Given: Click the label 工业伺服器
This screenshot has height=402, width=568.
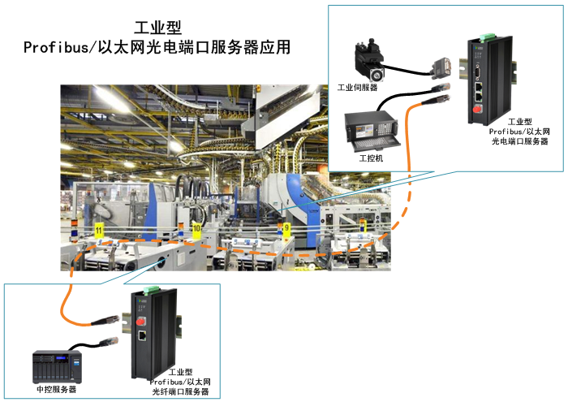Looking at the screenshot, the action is click(x=358, y=88).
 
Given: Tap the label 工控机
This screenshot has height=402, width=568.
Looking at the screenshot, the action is click(x=371, y=158).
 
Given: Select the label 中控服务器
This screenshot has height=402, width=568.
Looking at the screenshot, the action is click(x=57, y=389).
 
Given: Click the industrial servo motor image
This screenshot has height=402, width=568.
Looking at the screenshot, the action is click(x=370, y=60).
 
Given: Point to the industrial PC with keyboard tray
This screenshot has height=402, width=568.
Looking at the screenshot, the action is click(x=372, y=132).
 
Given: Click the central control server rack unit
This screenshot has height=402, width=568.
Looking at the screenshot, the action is click(x=58, y=367).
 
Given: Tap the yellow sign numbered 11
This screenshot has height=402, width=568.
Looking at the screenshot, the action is click(x=99, y=231).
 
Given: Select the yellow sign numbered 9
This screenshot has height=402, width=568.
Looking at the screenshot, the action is click(x=286, y=228).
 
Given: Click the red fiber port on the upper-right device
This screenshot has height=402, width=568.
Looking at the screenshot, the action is click(x=478, y=108).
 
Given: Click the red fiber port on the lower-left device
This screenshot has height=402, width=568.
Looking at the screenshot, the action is click(x=140, y=322).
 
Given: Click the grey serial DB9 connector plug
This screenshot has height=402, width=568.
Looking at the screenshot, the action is click(x=441, y=67).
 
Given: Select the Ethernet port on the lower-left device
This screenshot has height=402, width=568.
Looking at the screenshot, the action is click(x=142, y=335).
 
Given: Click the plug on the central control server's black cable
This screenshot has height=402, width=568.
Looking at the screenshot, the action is click(x=110, y=341).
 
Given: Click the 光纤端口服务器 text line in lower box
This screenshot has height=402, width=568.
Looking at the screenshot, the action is click(x=180, y=392).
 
